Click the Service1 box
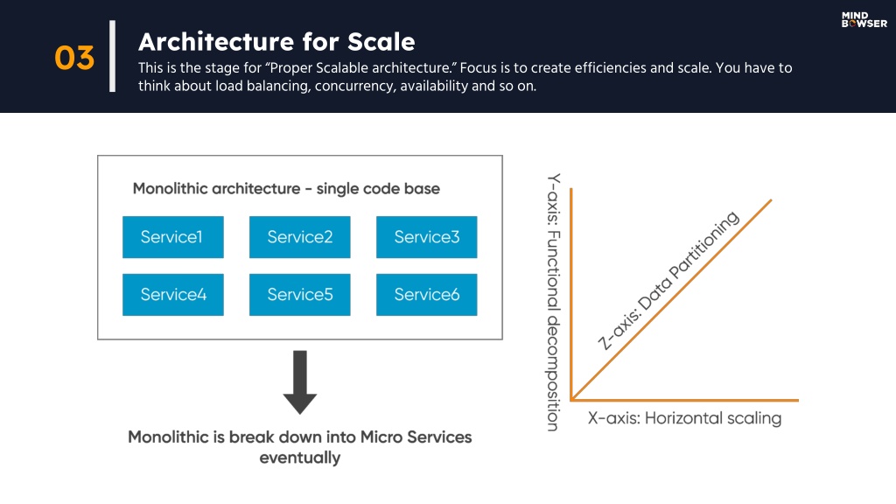[x=173, y=237]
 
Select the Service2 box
[x=300, y=237]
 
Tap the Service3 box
[x=427, y=237]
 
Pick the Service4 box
[x=173, y=295]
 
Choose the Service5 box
[x=300, y=295]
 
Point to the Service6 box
[x=427, y=295]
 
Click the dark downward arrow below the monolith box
[x=300, y=381]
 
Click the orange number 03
[x=74, y=59]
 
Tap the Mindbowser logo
[x=864, y=20]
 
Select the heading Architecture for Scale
[x=276, y=42]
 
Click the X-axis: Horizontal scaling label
[x=684, y=418]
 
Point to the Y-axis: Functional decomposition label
[x=553, y=302]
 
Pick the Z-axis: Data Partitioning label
[x=668, y=280]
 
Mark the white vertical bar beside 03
[x=113, y=56]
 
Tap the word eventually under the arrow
[x=300, y=458]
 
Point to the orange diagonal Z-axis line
[x=671, y=299]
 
